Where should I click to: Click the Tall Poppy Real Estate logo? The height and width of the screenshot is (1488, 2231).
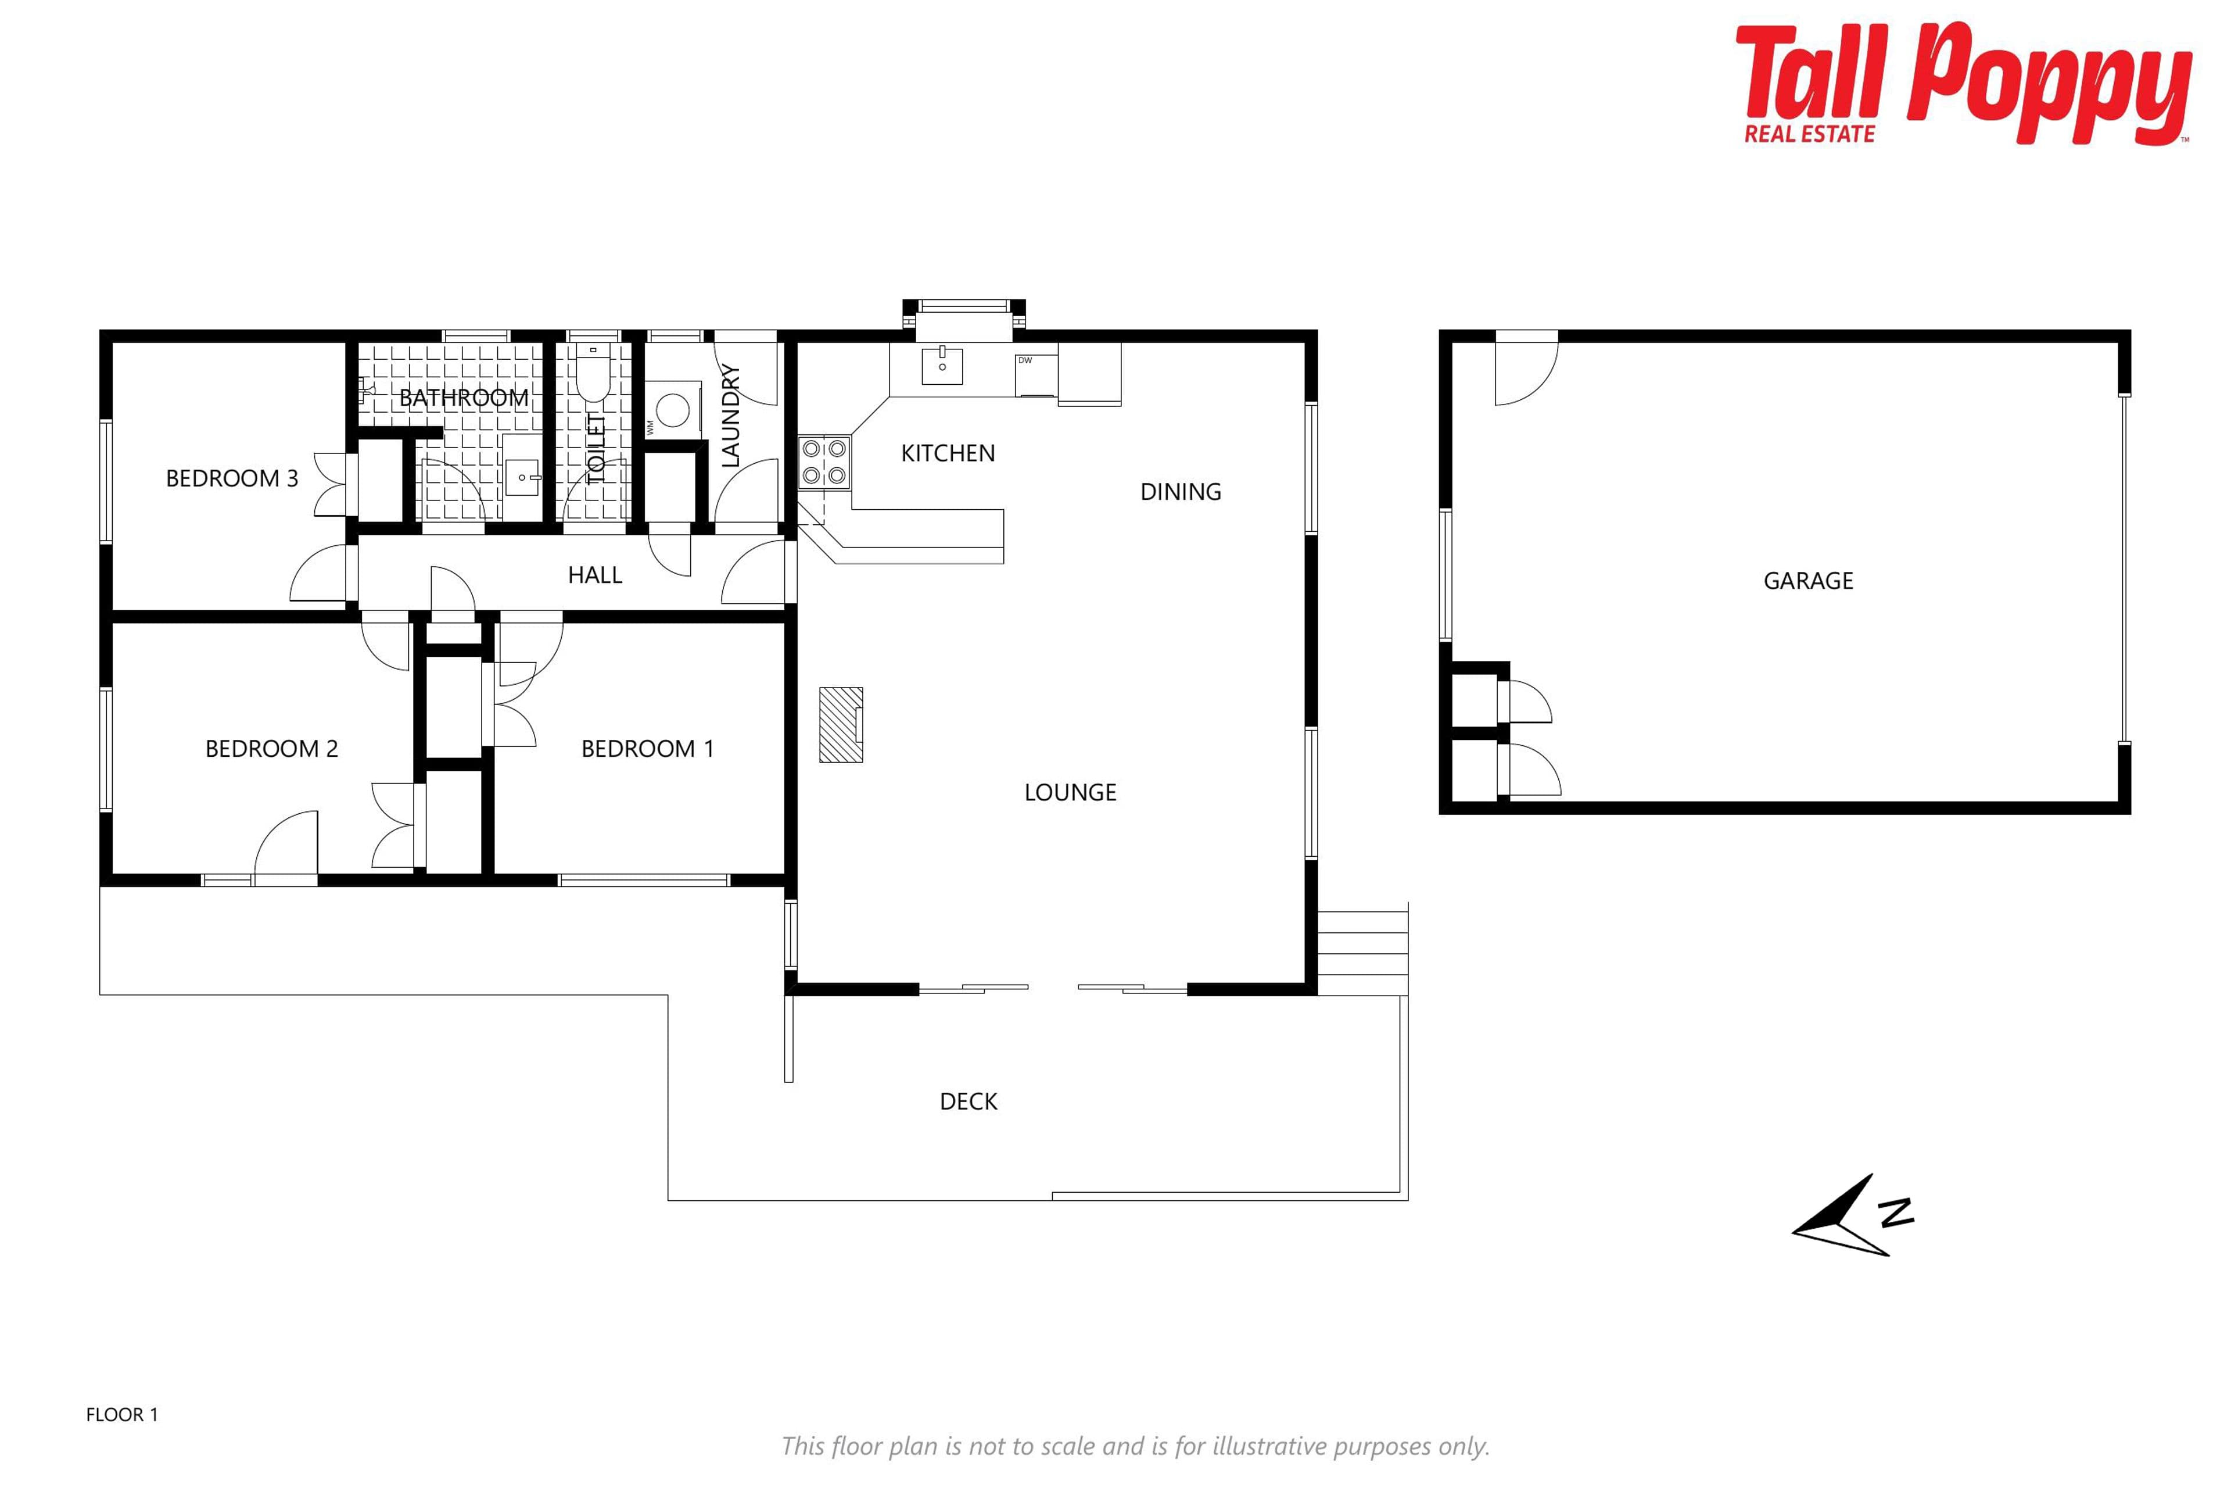pos(1964,84)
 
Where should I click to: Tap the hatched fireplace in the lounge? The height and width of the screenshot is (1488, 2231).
pos(841,724)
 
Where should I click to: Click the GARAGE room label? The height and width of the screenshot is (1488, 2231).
pos(1808,581)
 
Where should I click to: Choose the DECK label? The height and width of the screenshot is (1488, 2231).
pos(969,1101)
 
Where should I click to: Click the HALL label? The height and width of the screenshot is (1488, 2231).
pos(595,575)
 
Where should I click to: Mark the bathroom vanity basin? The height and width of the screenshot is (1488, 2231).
pos(522,477)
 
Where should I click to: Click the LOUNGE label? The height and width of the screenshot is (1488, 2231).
pos(1070,792)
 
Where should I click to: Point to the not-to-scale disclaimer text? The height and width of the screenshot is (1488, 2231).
pos(1135,1446)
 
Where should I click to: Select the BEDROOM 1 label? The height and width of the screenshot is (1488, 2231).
pos(647,749)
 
